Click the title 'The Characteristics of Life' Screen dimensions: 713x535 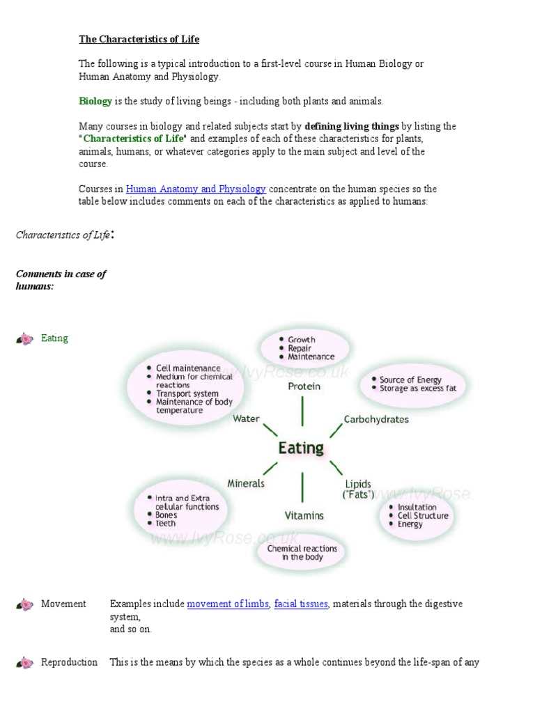pos(139,40)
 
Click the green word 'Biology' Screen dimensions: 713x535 pos(95,101)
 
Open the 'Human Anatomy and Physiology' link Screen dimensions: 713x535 pos(196,189)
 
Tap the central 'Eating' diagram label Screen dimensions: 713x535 pos(301,447)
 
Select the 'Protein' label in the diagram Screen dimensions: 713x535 pos(304,386)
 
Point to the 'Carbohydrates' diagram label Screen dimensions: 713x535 pos(376,419)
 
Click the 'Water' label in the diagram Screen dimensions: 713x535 pos(246,418)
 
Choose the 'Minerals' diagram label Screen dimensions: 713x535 pos(246,483)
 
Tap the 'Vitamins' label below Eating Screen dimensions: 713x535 pos(304,515)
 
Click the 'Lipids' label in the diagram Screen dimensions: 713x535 pos(358,484)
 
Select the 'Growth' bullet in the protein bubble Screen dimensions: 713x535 pos(302,340)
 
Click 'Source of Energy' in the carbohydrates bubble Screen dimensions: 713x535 pos(410,379)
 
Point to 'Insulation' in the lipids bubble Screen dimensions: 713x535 pos(417,507)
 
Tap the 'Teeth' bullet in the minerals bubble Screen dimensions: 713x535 pos(166,524)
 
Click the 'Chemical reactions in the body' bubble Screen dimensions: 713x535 pos(302,553)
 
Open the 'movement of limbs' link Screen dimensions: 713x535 pos(228,604)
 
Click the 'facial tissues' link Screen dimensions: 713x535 pos(301,604)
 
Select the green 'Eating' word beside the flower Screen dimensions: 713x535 pos(54,338)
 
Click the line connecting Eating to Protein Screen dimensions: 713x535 pos(302,411)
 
